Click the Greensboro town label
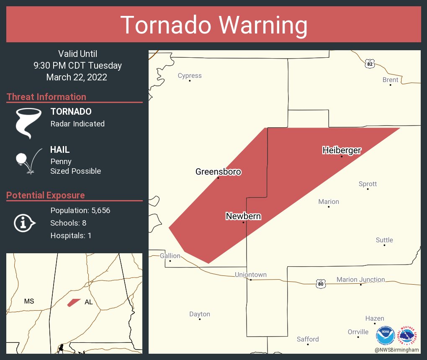218,172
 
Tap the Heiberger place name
342,150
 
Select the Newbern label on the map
243,216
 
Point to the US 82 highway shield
369,64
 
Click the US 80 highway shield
321,284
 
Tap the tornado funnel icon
28,123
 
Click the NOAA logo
386,335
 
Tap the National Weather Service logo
409,335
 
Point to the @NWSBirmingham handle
396,350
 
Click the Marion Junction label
360,279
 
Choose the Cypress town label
190,76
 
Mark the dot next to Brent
391,85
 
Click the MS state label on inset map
29,301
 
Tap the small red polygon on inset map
74,302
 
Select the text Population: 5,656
80,211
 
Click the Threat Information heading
46,97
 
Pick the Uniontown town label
251,275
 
